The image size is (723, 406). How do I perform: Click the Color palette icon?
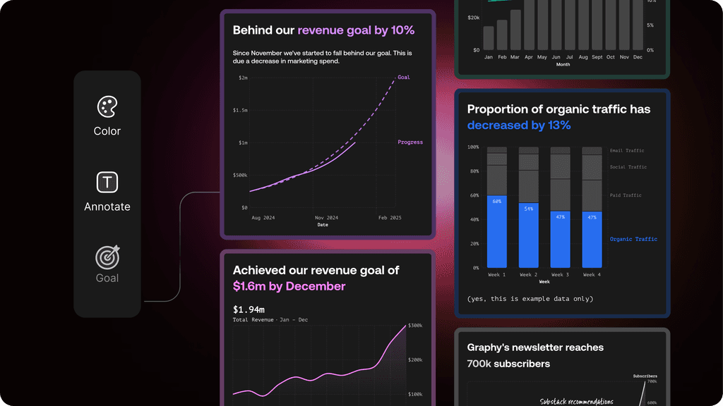point(107,107)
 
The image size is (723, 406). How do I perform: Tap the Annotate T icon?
point(107,183)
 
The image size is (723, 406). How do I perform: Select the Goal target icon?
point(107,257)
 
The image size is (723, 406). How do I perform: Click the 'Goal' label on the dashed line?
point(403,78)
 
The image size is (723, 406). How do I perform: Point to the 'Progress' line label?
point(410,142)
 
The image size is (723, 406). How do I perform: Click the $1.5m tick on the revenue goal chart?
point(240,110)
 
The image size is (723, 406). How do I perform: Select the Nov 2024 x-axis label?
point(326,218)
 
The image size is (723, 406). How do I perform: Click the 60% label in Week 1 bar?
point(497,202)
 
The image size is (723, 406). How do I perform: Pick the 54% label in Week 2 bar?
point(528,209)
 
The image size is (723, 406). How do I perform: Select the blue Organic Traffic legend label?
point(633,240)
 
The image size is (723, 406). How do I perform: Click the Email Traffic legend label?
point(627,150)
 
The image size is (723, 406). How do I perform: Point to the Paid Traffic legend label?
point(626,195)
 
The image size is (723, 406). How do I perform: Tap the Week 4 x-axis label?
point(592,274)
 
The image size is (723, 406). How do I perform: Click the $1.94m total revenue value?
point(249,309)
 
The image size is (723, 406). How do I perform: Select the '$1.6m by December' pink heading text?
point(289,286)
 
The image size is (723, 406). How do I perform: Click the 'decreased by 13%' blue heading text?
point(519,125)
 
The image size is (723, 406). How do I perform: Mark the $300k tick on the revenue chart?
point(415,326)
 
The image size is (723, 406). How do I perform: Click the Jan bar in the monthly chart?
point(489,38)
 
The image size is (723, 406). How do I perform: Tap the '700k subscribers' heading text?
point(508,364)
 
